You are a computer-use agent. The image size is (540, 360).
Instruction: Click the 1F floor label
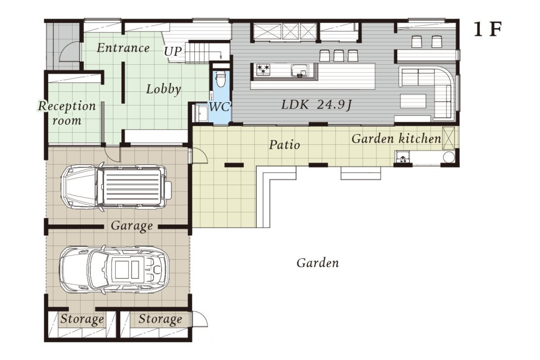pyautogui.click(x=487, y=30)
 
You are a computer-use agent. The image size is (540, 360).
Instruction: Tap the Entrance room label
pyautogui.click(x=123, y=48)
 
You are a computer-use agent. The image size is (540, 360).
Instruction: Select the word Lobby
pyautogui.click(x=163, y=89)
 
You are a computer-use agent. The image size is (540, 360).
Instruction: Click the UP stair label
pyautogui.click(x=172, y=52)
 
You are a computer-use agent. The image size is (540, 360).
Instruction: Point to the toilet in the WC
pyautogui.click(x=221, y=78)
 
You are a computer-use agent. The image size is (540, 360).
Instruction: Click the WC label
pyautogui.click(x=219, y=106)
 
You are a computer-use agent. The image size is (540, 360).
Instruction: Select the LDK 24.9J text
pyautogui.click(x=316, y=104)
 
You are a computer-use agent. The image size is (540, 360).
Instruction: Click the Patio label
pyautogui.click(x=284, y=145)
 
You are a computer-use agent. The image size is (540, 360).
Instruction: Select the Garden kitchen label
pyautogui.click(x=396, y=139)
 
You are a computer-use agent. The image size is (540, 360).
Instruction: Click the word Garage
pyautogui.click(x=132, y=226)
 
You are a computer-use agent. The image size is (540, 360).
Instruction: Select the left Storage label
pyautogui.click(x=82, y=319)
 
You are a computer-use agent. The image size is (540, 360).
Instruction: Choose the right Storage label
pyautogui.click(x=160, y=319)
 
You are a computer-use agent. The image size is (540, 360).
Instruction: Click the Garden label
pyautogui.click(x=317, y=263)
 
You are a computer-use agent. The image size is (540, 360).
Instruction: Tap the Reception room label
pyautogui.click(x=67, y=113)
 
